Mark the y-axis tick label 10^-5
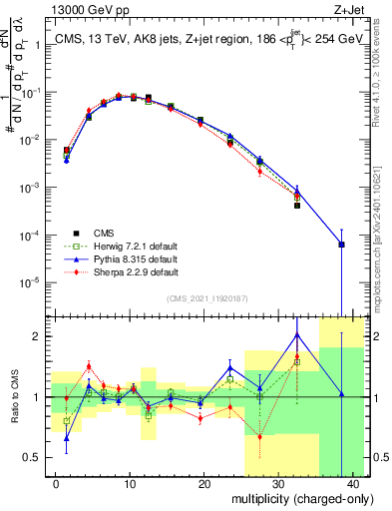(x=28, y=281)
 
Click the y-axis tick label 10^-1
(x=28, y=93)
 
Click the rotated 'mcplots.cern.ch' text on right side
(x=384, y=210)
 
